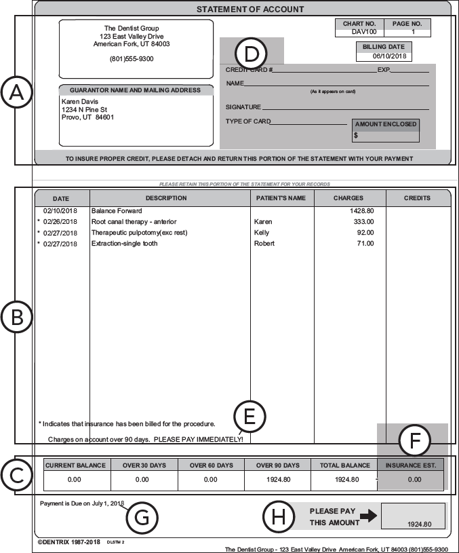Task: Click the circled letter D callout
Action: coord(251,54)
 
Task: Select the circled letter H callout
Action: coord(278,517)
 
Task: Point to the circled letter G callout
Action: coord(142,517)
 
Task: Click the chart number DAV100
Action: coord(359,32)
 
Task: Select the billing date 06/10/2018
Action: coord(383,56)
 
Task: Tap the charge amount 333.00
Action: coord(363,222)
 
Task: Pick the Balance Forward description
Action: coord(117,211)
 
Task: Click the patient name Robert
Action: coord(264,244)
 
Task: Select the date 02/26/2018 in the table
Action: coord(60,222)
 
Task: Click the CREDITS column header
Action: coord(417,198)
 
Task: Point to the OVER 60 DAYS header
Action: coord(211,465)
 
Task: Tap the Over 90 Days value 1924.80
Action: coord(277,480)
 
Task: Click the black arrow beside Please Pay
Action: coord(368,516)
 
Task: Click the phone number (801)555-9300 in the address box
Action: coord(132,59)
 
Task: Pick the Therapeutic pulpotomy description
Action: coord(139,233)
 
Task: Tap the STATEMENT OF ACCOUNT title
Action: coord(250,9)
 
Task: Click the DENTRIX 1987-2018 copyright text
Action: coord(68,542)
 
